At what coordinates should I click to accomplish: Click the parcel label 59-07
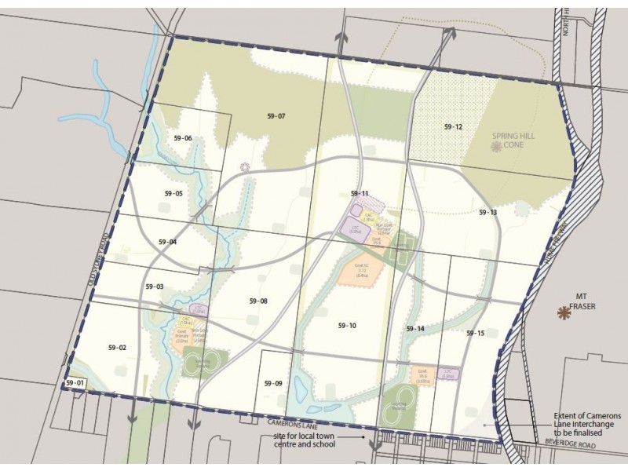tap(276, 116)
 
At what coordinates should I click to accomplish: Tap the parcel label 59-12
tap(453, 126)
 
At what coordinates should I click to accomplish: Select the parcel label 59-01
tap(74, 382)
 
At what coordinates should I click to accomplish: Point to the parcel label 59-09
tap(272, 383)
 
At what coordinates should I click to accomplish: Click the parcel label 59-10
tap(347, 325)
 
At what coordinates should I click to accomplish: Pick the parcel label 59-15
tap(475, 333)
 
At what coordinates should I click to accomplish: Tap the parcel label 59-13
tap(487, 213)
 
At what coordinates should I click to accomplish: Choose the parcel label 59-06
tap(183, 138)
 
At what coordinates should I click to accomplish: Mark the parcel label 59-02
tap(117, 346)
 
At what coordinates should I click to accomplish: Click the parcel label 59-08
tap(258, 301)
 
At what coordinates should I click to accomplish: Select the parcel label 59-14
tap(415, 328)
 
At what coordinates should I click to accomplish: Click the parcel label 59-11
tap(360, 193)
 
